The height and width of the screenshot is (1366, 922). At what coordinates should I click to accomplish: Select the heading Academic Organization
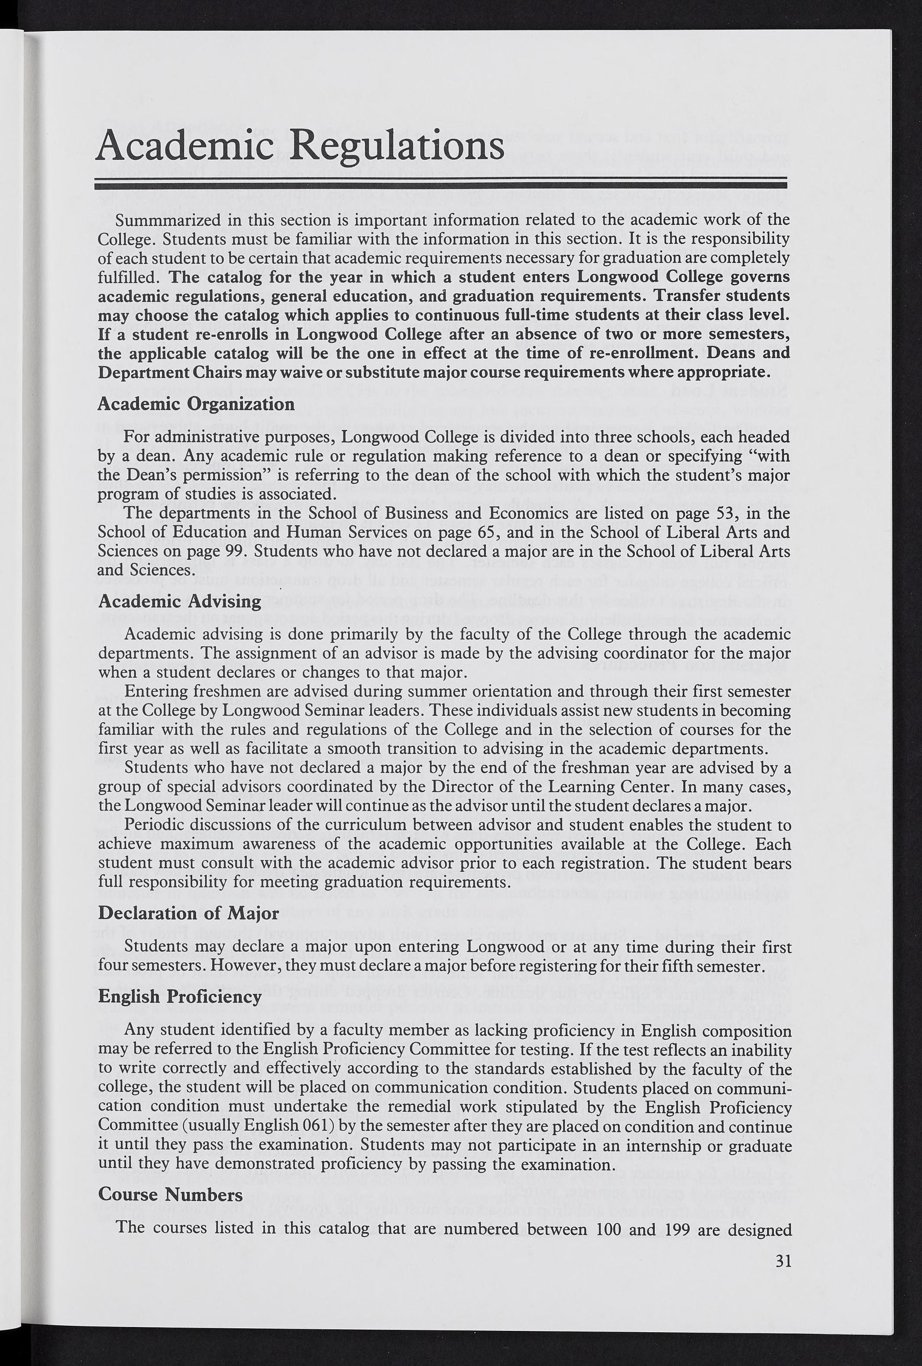(x=196, y=404)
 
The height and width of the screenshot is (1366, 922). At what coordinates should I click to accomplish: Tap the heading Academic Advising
(x=179, y=601)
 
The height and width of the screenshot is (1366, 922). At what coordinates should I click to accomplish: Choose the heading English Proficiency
(x=179, y=996)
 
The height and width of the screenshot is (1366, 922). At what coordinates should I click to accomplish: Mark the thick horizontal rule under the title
(x=441, y=186)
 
